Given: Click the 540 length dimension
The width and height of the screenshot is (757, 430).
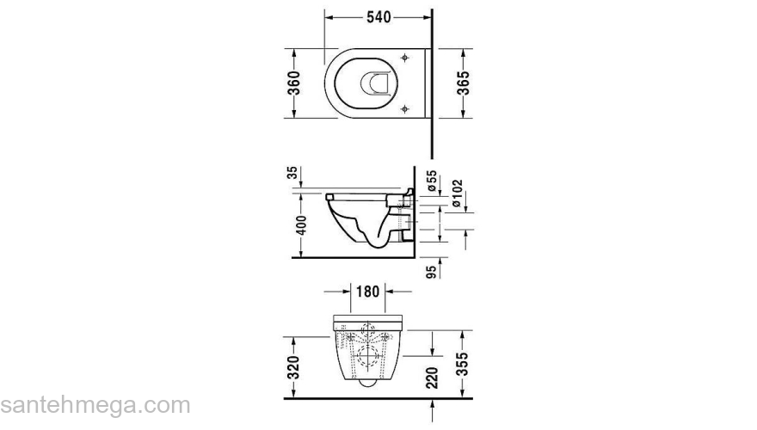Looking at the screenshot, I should click(378, 16).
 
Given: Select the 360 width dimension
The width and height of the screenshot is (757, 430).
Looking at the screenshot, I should click(294, 83).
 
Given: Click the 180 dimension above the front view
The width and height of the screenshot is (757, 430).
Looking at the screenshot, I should click(368, 292).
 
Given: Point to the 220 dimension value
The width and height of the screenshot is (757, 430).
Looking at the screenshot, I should click(433, 376).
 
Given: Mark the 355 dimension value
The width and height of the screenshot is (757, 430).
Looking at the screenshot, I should click(463, 365).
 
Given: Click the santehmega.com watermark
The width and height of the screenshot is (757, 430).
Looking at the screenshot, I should click(95, 404).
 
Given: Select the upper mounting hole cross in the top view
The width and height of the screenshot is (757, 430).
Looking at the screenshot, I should click(403, 58).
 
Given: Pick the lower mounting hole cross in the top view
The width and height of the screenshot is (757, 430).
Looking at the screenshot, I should click(403, 108).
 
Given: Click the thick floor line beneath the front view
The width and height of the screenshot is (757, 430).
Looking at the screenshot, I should click(378, 398).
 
